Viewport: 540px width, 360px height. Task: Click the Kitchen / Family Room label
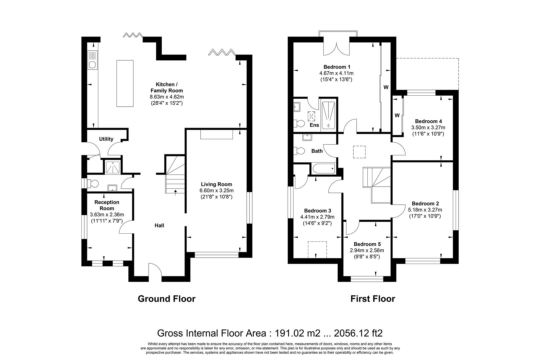click(x=167, y=88)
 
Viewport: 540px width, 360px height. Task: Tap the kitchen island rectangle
click(x=125, y=83)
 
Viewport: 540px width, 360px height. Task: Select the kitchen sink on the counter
click(x=93, y=60)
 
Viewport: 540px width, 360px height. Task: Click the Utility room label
click(x=106, y=139)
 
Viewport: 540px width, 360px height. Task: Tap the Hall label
click(x=159, y=225)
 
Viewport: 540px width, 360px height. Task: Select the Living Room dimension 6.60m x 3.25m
click(x=216, y=190)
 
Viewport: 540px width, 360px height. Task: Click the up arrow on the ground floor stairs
click(x=175, y=192)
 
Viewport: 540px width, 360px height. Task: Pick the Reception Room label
click(x=107, y=205)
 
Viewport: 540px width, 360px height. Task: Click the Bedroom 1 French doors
click(x=336, y=49)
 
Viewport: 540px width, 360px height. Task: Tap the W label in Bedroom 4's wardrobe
click(x=397, y=115)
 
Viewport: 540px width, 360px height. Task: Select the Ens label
click(x=314, y=125)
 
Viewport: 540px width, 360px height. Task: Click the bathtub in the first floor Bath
click(x=324, y=169)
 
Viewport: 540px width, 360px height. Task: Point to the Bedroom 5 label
click(x=367, y=244)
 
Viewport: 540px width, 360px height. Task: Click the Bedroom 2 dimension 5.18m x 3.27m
click(x=425, y=210)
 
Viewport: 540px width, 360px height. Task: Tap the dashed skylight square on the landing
click(x=359, y=152)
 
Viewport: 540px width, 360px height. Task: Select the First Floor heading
click(x=373, y=299)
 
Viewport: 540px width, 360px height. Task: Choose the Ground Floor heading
click(x=167, y=299)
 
